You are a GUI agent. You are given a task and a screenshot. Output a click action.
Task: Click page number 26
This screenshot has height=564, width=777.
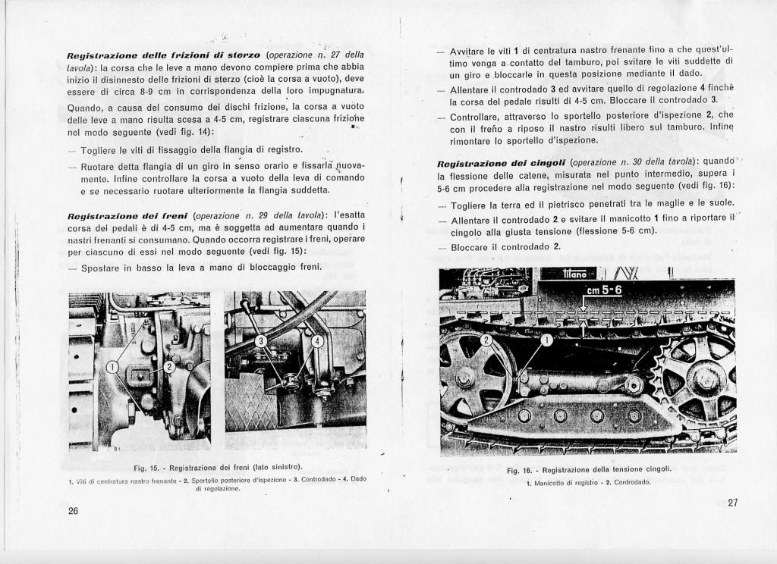(73, 510)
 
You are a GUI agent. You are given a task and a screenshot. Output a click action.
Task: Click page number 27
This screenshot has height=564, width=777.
(732, 502)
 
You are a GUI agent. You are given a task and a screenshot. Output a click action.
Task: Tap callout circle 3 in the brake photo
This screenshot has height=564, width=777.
(260, 341)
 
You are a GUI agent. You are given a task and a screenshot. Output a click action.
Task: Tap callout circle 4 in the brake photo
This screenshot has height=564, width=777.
(318, 341)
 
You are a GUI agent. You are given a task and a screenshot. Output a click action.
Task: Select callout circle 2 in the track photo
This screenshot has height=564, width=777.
(487, 341)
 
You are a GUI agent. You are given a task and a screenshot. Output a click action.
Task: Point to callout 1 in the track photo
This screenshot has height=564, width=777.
(546, 341)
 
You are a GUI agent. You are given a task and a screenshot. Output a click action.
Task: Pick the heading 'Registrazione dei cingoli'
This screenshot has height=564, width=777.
(501, 162)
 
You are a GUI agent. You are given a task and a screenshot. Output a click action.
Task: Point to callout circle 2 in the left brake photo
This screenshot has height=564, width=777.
(170, 367)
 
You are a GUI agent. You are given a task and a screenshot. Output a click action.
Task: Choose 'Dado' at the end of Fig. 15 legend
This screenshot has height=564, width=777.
(360, 479)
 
